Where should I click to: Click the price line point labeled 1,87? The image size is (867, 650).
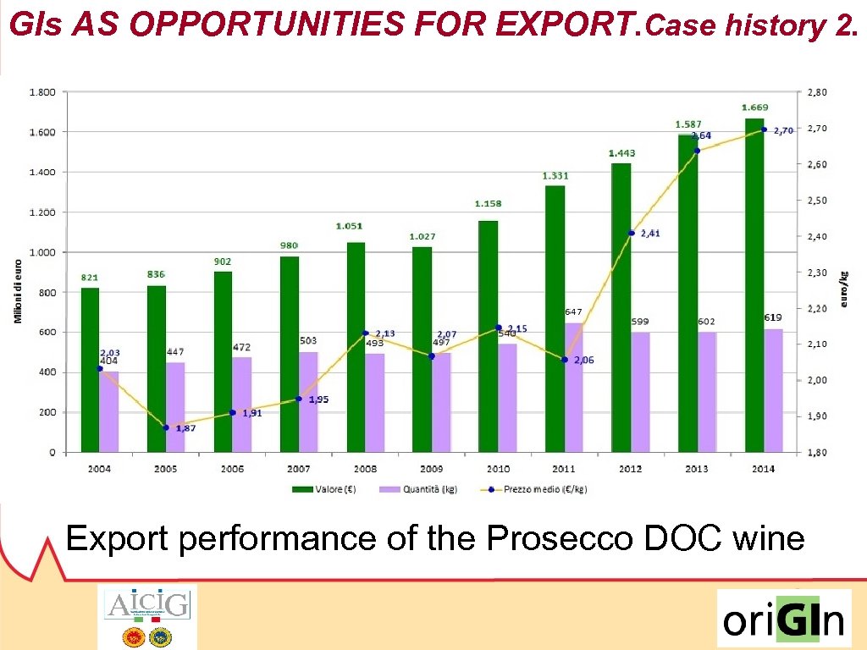click(x=166, y=427)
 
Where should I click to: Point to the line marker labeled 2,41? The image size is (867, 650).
click(x=631, y=233)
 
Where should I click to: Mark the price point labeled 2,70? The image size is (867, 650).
click(x=764, y=129)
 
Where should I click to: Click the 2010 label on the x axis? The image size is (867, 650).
click(x=497, y=468)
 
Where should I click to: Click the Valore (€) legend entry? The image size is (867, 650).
click(x=317, y=489)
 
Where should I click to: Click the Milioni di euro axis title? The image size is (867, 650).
click(x=16, y=290)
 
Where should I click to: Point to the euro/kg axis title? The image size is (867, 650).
click(x=843, y=289)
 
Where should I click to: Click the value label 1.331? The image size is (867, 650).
click(x=555, y=176)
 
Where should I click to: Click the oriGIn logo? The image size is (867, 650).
click(x=783, y=620)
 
